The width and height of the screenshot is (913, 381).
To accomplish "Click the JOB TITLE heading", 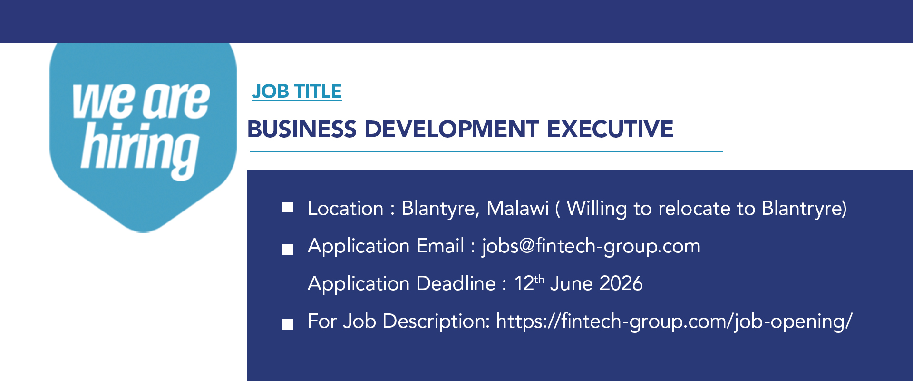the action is click(297, 91).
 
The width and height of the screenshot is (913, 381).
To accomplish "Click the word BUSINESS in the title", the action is click(302, 129).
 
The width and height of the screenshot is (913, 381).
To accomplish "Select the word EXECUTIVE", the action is click(610, 129).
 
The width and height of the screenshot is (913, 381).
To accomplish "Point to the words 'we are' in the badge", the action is click(141, 100).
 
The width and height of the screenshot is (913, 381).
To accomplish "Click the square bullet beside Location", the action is click(288, 207).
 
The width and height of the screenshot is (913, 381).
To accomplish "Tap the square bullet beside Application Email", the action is click(288, 250).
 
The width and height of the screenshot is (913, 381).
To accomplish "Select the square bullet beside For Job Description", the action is click(288, 324).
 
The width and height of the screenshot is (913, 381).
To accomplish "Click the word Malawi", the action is click(518, 208).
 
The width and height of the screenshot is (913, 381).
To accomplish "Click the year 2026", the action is click(621, 283).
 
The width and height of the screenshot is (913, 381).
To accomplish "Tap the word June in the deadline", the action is click(571, 283).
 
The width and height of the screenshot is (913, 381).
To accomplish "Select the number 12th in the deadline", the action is click(529, 283).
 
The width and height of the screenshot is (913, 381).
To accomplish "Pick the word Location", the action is click(346, 208).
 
